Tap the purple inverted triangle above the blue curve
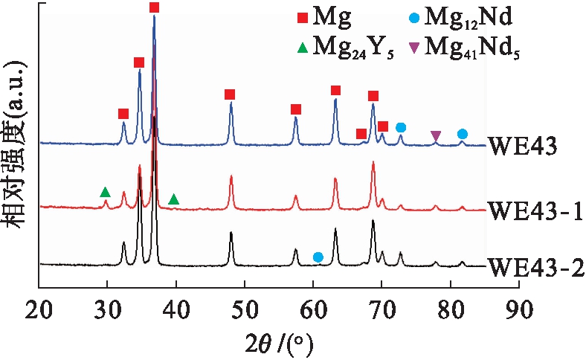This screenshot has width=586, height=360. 436,135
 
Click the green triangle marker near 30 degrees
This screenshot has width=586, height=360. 106,193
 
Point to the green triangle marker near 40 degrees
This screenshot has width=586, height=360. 174,199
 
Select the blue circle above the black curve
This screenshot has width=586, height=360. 318,257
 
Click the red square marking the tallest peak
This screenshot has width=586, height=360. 155,7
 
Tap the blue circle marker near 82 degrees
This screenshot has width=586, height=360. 463,134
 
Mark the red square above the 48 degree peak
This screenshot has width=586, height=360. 230,94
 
